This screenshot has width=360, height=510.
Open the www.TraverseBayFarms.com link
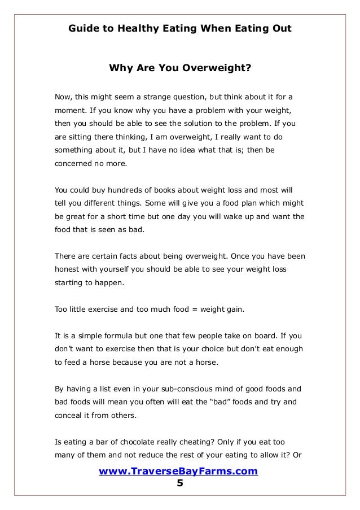click(178, 471)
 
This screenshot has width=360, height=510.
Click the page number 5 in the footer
click(180, 483)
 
